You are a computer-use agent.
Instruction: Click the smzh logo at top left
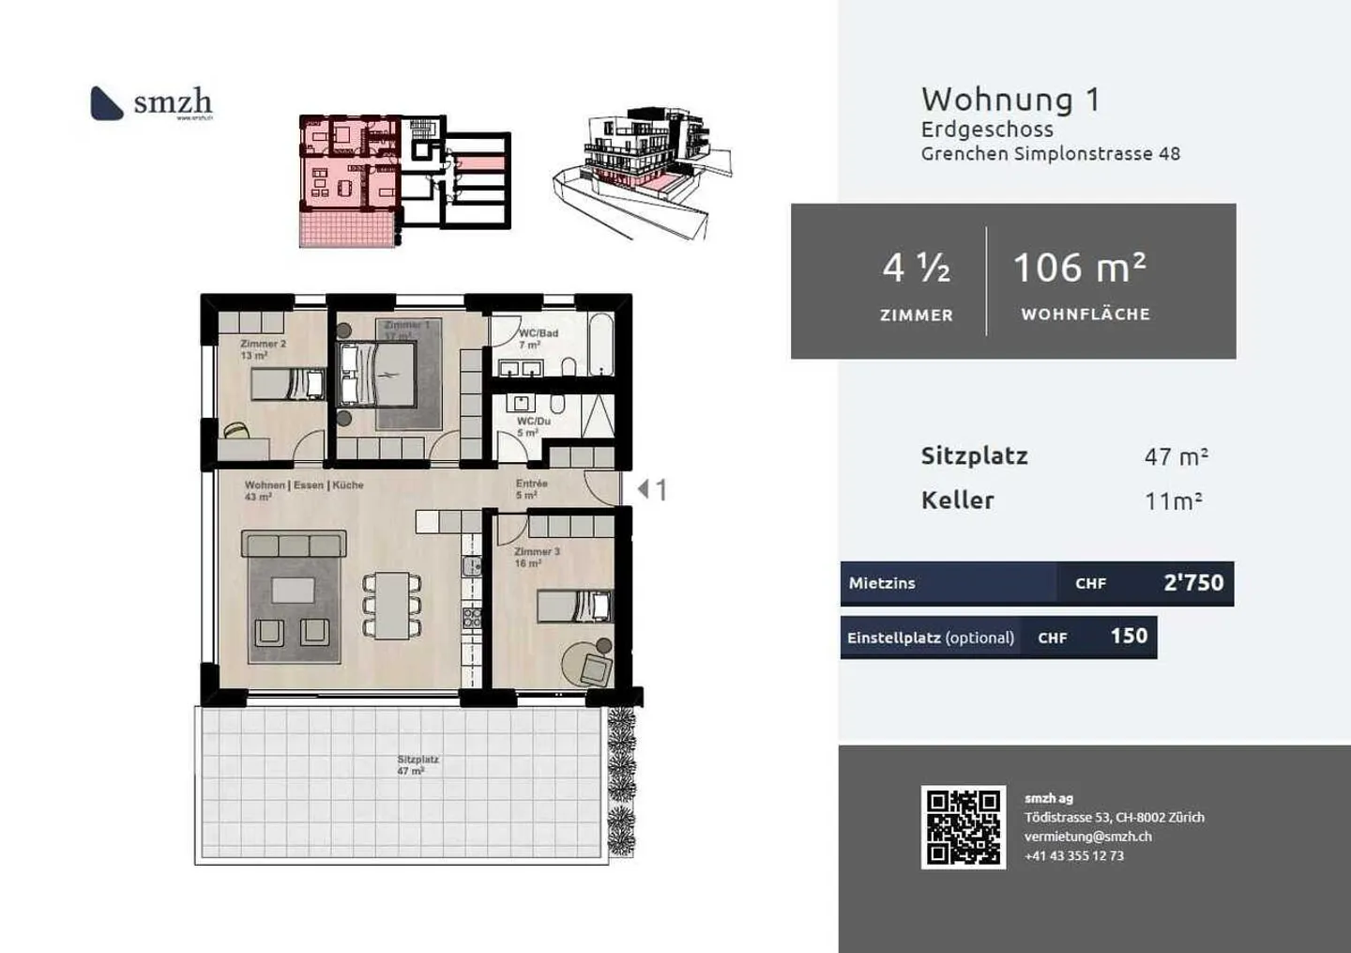click(151, 102)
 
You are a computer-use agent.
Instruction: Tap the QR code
click(963, 827)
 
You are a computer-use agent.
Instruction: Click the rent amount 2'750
click(1192, 583)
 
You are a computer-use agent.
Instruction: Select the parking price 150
click(1129, 637)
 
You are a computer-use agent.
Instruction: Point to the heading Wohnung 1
click(1010, 100)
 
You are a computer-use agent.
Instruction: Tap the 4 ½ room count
click(916, 269)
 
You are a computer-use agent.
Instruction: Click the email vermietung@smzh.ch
click(1087, 837)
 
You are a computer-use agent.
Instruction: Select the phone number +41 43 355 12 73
click(1073, 856)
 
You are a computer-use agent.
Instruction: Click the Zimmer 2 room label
click(263, 345)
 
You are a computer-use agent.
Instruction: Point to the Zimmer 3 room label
click(537, 552)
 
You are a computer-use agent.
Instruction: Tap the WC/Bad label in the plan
click(539, 333)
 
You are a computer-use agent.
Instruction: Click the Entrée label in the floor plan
click(531, 484)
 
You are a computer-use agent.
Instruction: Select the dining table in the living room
click(392, 606)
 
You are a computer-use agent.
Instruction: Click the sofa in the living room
click(294, 545)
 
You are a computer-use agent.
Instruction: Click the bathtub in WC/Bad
click(600, 345)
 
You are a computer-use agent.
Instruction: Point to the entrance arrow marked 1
click(651, 489)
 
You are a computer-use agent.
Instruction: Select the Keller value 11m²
click(1173, 501)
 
